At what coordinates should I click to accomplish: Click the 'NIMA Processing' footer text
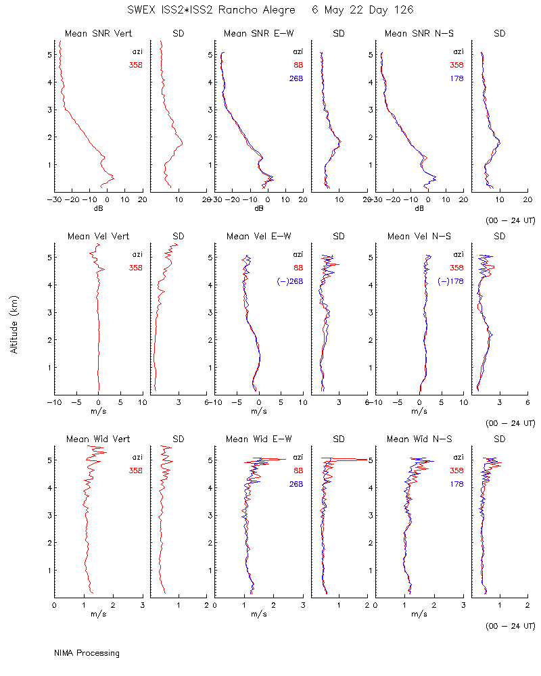pos(87,653)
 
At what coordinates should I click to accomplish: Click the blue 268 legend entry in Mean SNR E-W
pos(296,78)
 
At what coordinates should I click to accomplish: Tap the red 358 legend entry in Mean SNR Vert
pos(136,65)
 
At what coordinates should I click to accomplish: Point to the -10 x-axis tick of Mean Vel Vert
pos(54,402)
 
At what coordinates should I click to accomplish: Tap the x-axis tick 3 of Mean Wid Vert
pos(143,605)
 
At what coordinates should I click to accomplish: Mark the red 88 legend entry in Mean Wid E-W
pos(298,470)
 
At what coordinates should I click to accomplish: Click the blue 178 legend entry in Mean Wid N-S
pos(457,484)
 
